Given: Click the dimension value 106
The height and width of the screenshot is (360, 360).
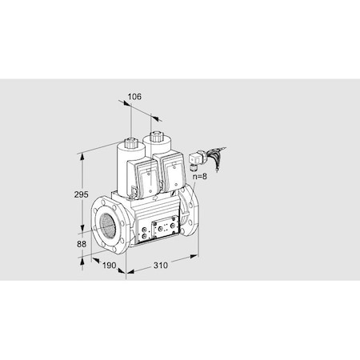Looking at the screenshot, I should (134, 97).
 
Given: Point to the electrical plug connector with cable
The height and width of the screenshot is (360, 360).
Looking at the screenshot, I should (196, 165).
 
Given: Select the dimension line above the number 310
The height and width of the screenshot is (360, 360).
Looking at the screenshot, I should (160, 257).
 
